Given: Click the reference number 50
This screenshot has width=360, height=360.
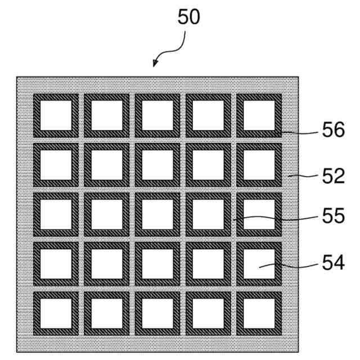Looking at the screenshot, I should click(x=188, y=17).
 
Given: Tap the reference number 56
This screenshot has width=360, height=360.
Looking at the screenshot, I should click(x=333, y=131).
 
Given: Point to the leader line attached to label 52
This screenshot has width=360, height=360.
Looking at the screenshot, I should click(x=301, y=176).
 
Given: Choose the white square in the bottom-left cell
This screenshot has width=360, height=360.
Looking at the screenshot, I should click(x=56, y=313).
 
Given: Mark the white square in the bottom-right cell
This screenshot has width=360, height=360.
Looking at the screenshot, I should click(x=259, y=313).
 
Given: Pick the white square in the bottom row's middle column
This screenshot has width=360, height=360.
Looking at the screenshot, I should click(x=157, y=313).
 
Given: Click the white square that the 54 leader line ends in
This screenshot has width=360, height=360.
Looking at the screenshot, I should click(x=259, y=264).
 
